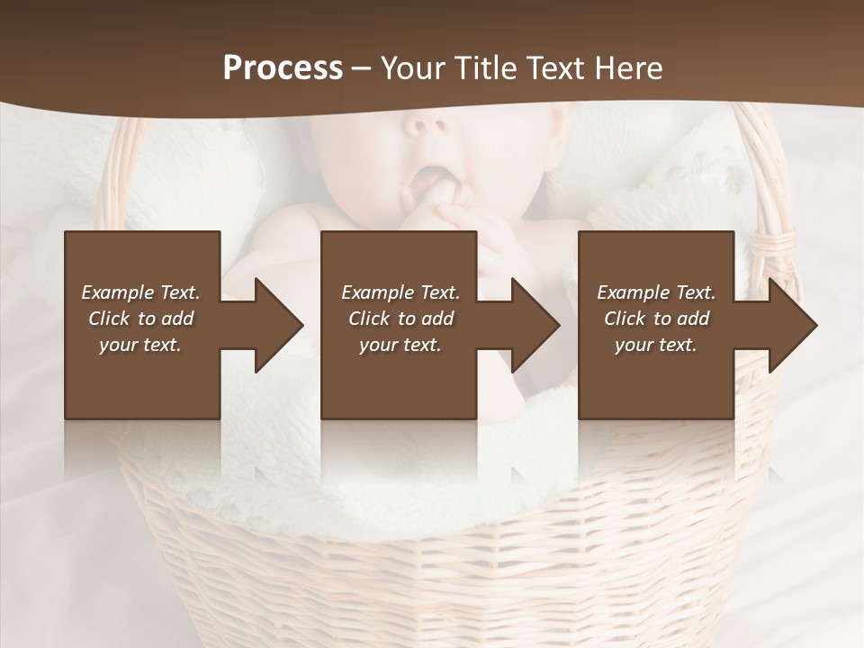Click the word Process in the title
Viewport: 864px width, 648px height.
click(283, 68)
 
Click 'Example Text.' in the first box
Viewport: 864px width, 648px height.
click(140, 292)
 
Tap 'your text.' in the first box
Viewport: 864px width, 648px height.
click(140, 345)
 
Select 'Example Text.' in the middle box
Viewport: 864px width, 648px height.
click(400, 292)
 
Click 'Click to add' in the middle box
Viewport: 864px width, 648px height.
click(400, 319)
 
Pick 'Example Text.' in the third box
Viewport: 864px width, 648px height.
click(656, 292)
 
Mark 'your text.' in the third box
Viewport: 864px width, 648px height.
click(656, 345)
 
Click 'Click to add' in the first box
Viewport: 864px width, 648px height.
click(140, 319)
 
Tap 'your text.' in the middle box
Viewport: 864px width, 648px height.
click(400, 345)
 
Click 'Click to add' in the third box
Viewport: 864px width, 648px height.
click(656, 319)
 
